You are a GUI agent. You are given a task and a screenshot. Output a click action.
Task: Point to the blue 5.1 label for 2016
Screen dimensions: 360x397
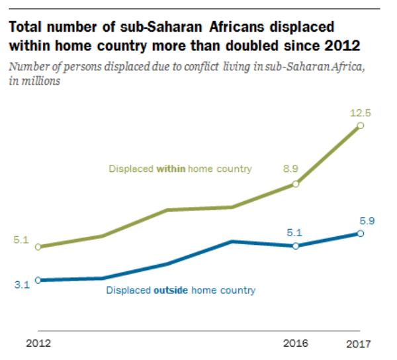[294, 232]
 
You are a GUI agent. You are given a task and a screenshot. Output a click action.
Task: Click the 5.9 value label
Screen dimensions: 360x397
[367, 221]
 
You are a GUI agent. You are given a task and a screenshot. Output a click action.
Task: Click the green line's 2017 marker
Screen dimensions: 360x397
[360, 125]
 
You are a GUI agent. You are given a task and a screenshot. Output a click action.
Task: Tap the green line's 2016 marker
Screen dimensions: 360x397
[295, 184]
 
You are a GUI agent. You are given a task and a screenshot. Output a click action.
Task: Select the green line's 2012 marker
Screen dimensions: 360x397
[38, 247]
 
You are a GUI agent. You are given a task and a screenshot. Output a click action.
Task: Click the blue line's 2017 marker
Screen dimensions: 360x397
[360, 234]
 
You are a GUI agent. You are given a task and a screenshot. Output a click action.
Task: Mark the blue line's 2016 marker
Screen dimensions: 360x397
[295, 246]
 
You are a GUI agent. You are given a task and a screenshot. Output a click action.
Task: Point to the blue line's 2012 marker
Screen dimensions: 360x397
[38, 280]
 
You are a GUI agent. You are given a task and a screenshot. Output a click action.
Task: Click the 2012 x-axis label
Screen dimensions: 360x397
[38, 343]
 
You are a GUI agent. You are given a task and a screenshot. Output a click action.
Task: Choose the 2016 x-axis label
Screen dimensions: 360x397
[295, 343]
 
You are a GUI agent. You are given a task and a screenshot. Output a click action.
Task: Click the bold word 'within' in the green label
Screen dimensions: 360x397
[171, 169]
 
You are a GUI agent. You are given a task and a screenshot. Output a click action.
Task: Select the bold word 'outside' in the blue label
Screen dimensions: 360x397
[173, 290]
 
